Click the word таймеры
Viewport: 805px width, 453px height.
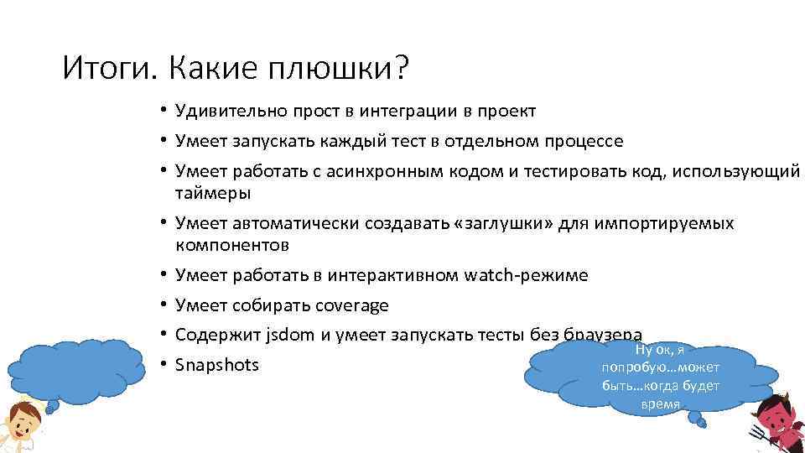coord(213,193)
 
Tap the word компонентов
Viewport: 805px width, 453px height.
coord(232,245)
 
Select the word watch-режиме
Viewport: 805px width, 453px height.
coord(526,275)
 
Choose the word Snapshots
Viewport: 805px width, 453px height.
coord(217,365)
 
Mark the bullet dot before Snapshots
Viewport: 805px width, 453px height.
coord(168,366)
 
